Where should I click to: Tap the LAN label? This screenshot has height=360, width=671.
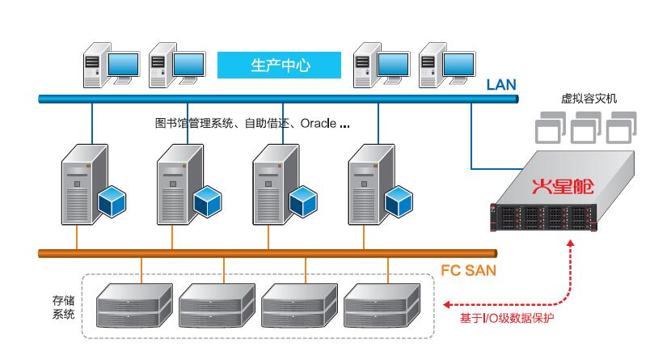tap(501, 85)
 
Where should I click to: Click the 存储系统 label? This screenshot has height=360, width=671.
tap(64, 306)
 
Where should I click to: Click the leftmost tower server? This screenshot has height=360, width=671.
tap(80, 184)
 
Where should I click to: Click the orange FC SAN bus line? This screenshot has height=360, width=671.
tap(243, 253)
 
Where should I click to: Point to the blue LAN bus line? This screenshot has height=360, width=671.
tap(243, 99)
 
